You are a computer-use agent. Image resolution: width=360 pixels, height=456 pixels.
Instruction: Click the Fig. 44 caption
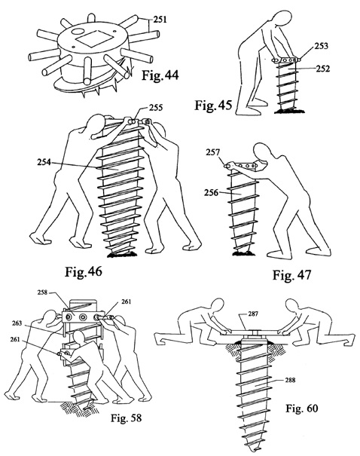(160, 75)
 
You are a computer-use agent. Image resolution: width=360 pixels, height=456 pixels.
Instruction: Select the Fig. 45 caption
(214, 105)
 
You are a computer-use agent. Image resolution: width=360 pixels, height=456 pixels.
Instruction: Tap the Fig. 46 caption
(84, 271)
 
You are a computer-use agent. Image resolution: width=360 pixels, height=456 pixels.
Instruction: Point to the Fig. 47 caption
(291, 275)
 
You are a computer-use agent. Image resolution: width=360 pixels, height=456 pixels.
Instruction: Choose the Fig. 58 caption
(126, 418)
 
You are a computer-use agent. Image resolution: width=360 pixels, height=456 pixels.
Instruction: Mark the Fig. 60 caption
(302, 408)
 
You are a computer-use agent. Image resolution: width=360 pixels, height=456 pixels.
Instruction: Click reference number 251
(160, 20)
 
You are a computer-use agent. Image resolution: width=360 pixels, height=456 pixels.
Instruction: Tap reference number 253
(321, 46)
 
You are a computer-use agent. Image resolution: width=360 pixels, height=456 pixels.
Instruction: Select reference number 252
(323, 69)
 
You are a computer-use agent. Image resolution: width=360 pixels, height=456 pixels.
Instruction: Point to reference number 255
(156, 108)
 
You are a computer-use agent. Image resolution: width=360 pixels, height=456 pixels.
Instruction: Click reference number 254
(44, 162)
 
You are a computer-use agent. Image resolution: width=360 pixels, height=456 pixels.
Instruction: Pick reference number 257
(213, 152)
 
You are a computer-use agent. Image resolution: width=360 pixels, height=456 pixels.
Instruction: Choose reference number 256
(211, 192)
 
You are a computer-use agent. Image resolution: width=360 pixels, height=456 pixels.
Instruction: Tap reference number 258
(42, 292)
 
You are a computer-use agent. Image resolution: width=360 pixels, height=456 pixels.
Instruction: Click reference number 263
(17, 323)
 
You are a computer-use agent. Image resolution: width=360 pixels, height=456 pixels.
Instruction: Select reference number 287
(253, 314)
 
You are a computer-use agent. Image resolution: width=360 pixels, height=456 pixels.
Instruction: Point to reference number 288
(290, 380)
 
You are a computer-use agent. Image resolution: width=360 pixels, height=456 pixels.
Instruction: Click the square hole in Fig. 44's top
(93, 39)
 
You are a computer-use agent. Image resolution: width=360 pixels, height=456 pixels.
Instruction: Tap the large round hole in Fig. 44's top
(78, 31)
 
